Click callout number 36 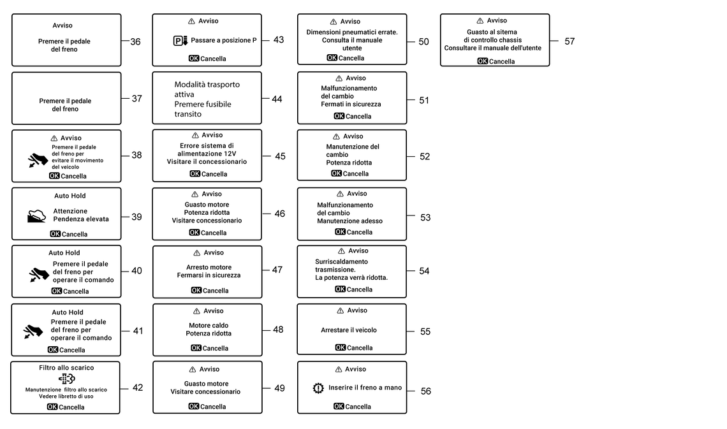click(x=135, y=41)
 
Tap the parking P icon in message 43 click(x=180, y=41)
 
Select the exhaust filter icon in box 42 click(x=67, y=379)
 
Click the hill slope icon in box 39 click(x=36, y=216)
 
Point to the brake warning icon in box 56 click(x=318, y=388)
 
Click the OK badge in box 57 click(x=482, y=61)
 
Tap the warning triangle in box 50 click(x=334, y=22)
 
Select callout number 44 click(x=277, y=99)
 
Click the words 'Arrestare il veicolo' click(x=349, y=330)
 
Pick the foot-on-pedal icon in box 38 click(x=38, y=160)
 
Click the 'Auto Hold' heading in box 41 click(x=68, y=312)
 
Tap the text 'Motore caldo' click(x=209, y=325)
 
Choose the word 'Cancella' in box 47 click(x=216, y=291)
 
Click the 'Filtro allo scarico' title click(x=66, y=368)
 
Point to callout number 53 click(x=425, y=218)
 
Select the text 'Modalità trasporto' click(x=207, y=85)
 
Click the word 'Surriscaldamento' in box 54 click(x=342, y=262)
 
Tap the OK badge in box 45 click(x=195, y=174)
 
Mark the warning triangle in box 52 click(x=336, y=136)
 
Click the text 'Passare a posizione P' click(x=223, y=40)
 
